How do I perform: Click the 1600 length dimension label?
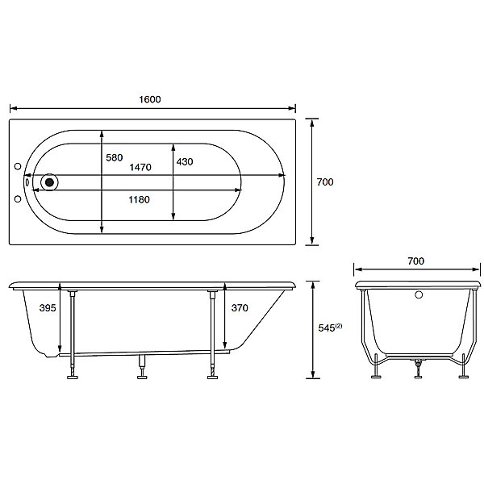click(150, 99)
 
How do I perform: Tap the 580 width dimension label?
click(115, 158)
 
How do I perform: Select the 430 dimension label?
click(185, 162)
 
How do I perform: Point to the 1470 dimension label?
click(140, 167)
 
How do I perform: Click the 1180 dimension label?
click(140, 200)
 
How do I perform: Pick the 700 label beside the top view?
click(325, 182)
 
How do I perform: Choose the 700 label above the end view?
click(415, 261)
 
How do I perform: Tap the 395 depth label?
click(48, 308)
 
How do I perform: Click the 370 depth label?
click(240, 308)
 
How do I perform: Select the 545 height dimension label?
click(327, 328)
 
